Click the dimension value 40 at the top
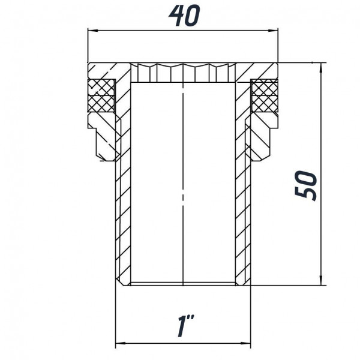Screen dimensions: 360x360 pyautogui.click(x=182, y=16)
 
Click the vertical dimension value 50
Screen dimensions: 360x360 pyautogui.click(x=306, y=185)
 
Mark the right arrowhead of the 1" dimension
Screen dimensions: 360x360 pyautogui.click(x=246, y=344)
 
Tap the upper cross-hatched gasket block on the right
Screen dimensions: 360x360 pyautogui.click(x=263, y=87)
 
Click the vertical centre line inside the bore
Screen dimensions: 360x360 pyautogui.click(x=182, y=180)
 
